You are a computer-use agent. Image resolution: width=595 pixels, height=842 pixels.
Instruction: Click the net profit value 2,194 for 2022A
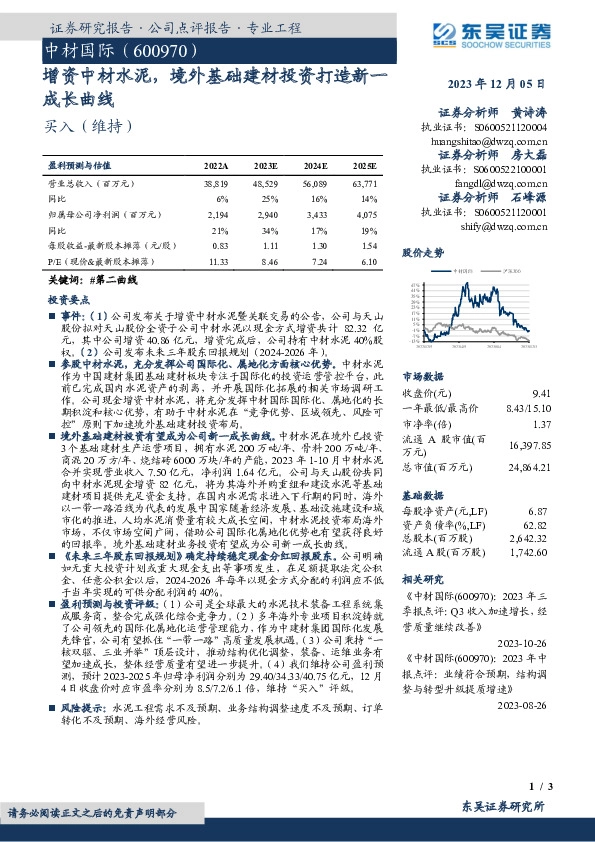pos(217,214)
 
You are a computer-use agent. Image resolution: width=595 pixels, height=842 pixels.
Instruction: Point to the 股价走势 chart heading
pos(423,253)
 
